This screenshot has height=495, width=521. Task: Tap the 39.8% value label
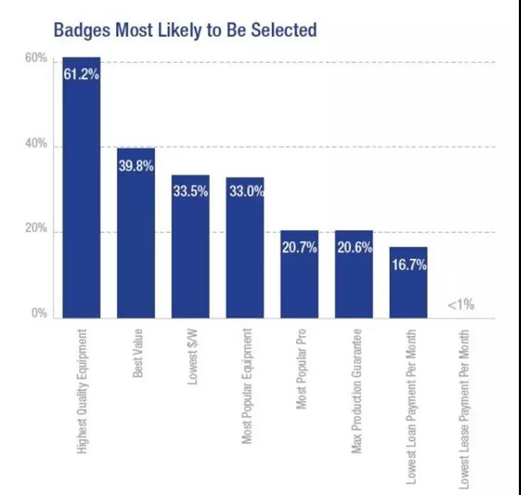(136, 166)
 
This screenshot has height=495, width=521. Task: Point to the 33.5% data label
(190, 191)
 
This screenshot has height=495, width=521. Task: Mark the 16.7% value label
(408, 265)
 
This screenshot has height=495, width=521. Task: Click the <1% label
(461, 306)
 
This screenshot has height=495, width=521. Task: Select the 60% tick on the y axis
(36, 59)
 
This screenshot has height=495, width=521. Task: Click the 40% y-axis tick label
(36, 145)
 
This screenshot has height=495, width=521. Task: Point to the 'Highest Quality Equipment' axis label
(83, 390)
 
